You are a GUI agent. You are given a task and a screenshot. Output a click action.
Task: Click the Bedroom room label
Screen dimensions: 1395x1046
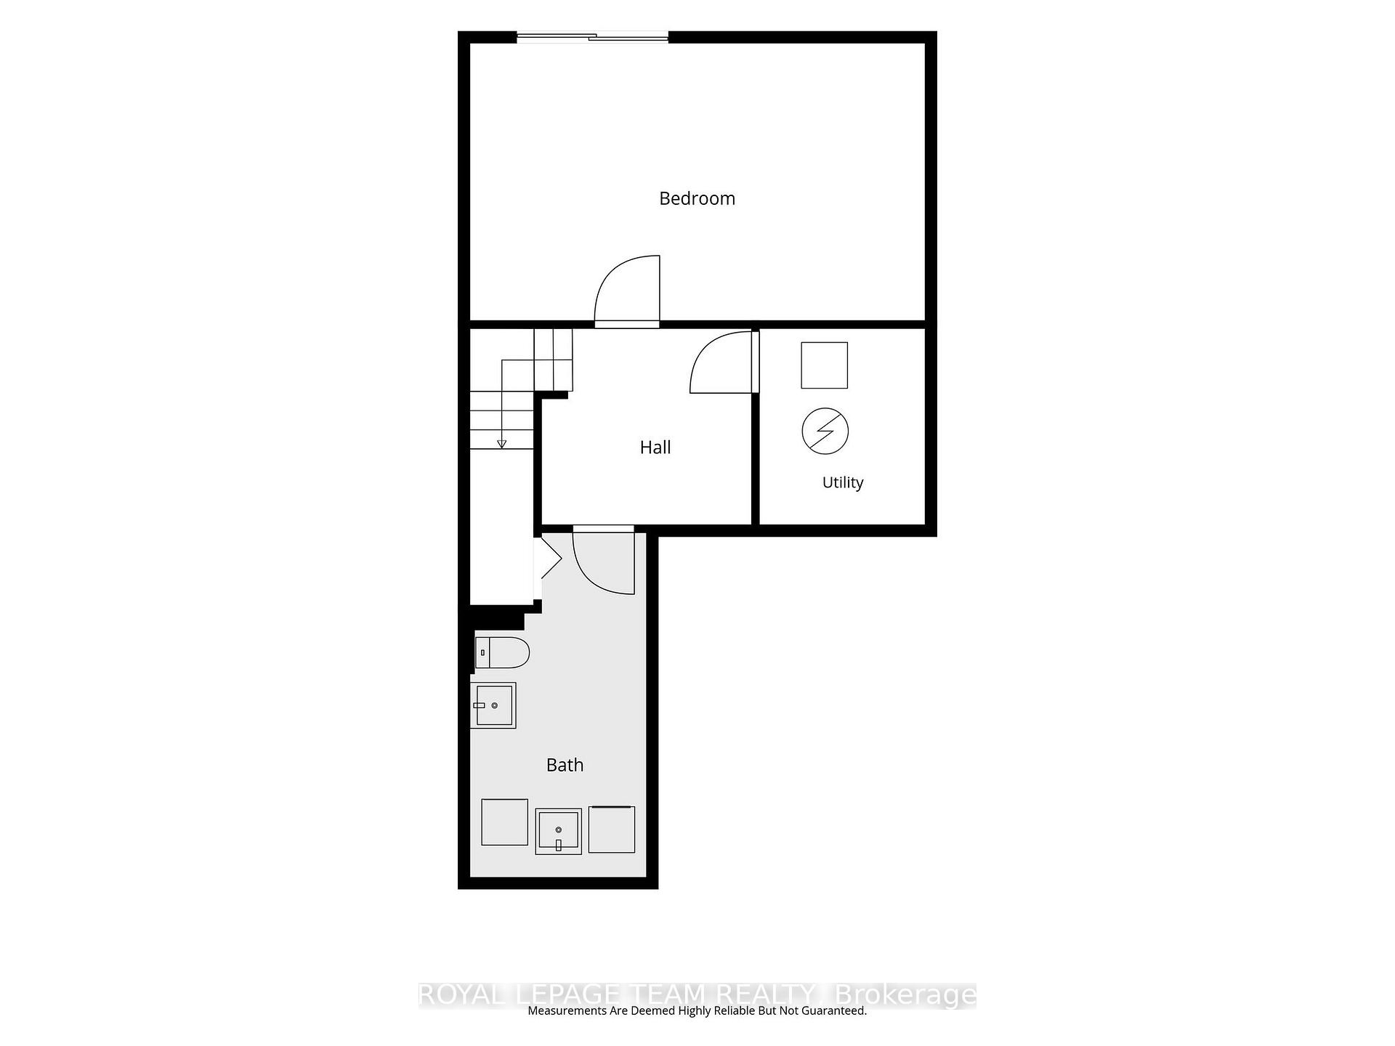pyautogui.click(x=697, y=198)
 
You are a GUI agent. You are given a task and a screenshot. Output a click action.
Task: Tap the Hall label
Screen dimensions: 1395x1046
pyautogui.click(x=655, y=447)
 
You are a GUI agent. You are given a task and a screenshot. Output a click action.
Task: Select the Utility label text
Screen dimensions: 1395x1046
pyautogui.click(x=843, y=482)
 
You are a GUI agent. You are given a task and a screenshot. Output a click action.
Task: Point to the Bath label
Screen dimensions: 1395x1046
pyautogui.click(x=565, y=765)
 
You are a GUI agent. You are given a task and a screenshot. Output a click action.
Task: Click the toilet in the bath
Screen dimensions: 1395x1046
pyautogui.click(x=502, y=652)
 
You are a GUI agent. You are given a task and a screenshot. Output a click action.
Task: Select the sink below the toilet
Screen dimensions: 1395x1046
pyautogui.click(x=493, y=705)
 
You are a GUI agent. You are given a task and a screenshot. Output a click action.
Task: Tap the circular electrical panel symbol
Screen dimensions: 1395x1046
pyautogui.click(x=825, y=431)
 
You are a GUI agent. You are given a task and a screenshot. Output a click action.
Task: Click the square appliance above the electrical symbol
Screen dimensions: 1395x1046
pyautogui.click(x=825, y=365)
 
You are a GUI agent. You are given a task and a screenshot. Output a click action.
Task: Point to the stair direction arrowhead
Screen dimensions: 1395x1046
pyautogui.click(x=501, y=444)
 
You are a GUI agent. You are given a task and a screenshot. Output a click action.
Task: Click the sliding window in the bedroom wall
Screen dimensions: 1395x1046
pyautogui.click(x=592, y=36)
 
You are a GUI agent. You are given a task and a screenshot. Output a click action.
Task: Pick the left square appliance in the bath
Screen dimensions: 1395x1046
pyautogui.click(x=505, y=822)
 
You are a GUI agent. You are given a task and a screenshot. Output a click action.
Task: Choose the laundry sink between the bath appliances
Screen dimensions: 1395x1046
pyautogui.click(x=559, y=831)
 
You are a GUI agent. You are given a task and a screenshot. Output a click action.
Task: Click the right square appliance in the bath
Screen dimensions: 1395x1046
pyautogui.click(x=612, y=829)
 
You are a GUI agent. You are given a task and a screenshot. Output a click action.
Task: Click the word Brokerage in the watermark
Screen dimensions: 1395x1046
pyautogui.click(x=905, y=995)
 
